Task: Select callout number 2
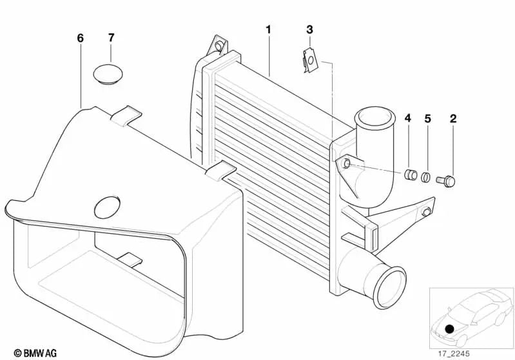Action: [x=453, y=118]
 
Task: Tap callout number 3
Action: [x=309, y=30]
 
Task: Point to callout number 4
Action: [x=407, y=118]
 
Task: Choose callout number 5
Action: [x=427, y=118]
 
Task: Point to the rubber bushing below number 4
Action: [x=408, y=175]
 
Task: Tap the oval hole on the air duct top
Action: [x=108, y=207]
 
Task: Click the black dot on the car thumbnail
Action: [x=449, y=328]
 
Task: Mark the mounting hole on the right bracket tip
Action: [x=427, y=213]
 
